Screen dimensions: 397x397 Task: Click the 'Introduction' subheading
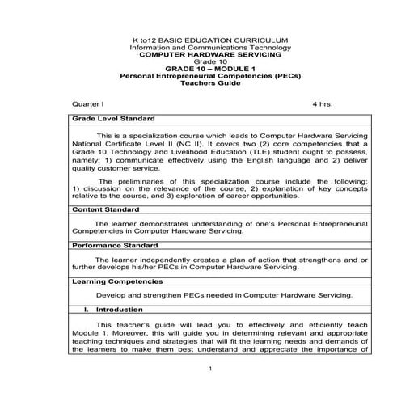point(118,310)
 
